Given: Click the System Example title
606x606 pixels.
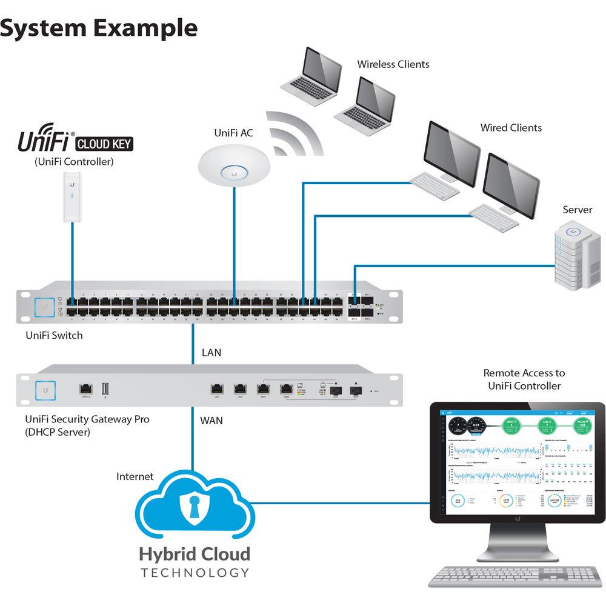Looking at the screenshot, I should click(x=99, y=28).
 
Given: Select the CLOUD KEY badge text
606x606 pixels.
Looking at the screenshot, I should click(x=104, y=144).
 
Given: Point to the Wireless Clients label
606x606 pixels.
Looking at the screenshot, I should click(x=393, y=64).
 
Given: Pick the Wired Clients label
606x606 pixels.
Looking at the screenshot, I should click(x=511, y=128).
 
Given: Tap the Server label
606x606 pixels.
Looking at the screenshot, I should click(x=577, y=210).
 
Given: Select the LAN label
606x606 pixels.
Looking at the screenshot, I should click(x=210, y=352).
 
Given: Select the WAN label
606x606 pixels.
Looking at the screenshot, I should click(x=211, y=420).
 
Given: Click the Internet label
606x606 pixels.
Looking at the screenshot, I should click(x=135, y=477).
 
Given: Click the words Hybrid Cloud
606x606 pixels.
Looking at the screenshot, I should click(x=194, y=554).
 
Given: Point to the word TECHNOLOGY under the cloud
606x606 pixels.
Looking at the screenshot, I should click(x=194, y=573).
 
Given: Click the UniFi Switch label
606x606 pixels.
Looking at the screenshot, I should click(x=54, y=335).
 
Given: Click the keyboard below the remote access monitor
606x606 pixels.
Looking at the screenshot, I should click(x=516, y=576).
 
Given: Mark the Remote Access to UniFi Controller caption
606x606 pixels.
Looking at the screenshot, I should click(x=524, y=379).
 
